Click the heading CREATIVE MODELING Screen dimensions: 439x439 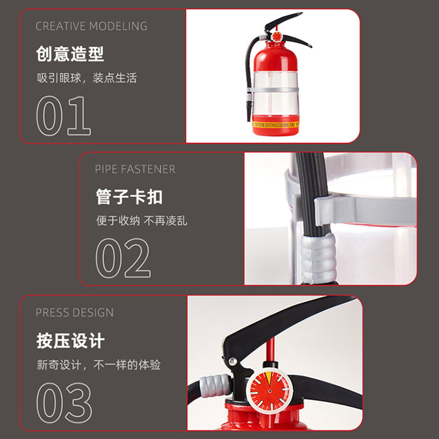click(x=92, y=26)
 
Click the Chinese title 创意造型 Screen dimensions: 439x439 click(x=70, y=54)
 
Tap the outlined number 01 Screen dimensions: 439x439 click(x=63, y=116)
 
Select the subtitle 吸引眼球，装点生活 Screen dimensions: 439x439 click(x=86, y=78)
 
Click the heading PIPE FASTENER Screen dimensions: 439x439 click(x=135, y=169)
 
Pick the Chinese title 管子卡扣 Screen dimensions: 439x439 click(x=129, y=197)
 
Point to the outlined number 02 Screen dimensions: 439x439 click(x=123, y=258)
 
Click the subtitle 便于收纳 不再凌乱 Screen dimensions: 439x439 click(x=142, y=221)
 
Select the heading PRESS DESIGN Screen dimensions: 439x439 click(x=75, y=313)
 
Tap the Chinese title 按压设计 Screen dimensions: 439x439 click(x=70, y=341)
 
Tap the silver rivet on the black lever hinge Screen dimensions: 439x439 click(x=233, y=361)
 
